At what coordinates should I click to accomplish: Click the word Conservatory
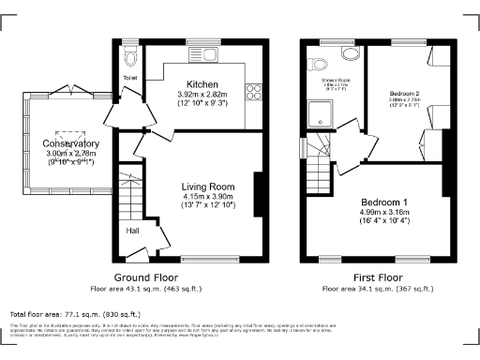coord(70,143)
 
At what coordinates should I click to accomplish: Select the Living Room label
coord(207,187)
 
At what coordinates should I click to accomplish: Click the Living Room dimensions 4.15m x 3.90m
coord(207,196)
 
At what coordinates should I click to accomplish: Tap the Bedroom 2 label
coord(404,95)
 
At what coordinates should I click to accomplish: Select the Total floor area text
coord(75,314)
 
